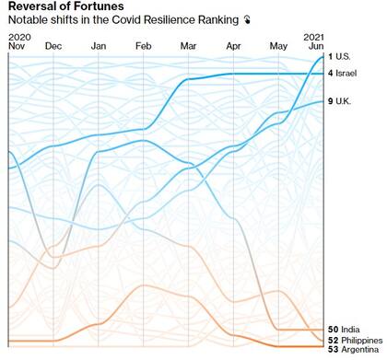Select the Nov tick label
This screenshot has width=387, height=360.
click(18, 45)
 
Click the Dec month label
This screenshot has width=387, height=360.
click(53, 45)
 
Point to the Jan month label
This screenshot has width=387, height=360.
click(99, 45)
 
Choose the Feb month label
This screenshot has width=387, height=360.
click(144, 45)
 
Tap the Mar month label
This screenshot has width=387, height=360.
click(188, 45)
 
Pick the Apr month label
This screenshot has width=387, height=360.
click(233, 45)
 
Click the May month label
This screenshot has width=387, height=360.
click(278, 45)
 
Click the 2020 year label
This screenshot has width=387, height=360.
click(18, 36)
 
